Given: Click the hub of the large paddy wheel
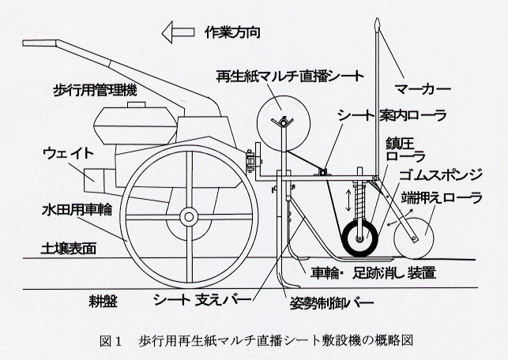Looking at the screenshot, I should point(188,215).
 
